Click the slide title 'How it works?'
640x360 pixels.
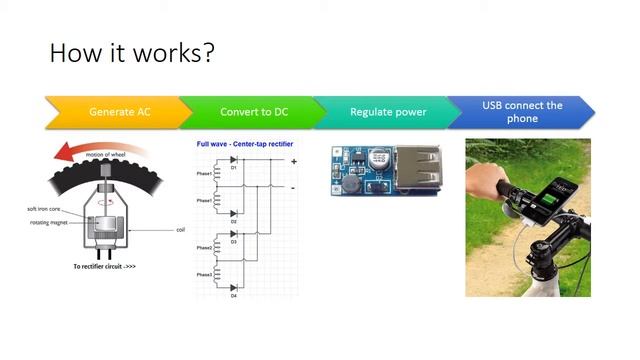(x=131, y=52)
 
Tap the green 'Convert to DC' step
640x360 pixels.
(x=249, y=111)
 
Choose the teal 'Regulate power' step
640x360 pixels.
(x=387, y=111)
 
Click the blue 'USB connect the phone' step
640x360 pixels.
(x=521, y=111)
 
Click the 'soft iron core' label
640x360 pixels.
(x=46, y=209)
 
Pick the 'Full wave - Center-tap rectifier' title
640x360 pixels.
(x=245, y=144)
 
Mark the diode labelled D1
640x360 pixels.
(x=234, y=161)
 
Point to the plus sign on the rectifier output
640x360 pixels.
(x=293, y=162)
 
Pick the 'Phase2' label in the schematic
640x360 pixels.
(x=204, y=247)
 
